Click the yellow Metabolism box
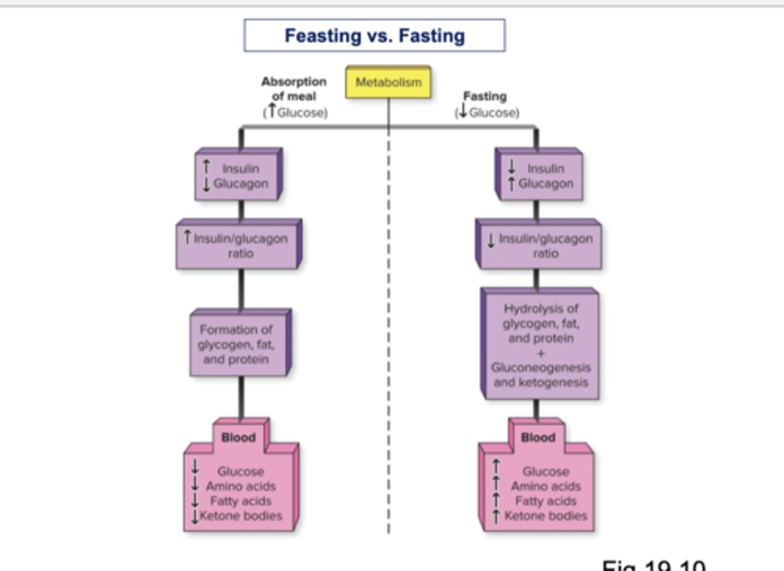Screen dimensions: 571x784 388,82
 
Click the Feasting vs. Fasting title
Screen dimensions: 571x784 375,36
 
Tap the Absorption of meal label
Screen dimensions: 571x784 294,89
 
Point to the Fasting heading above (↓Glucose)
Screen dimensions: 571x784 485,96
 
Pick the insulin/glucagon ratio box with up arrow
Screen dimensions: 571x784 240,246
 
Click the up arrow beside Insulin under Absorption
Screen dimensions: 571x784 206,167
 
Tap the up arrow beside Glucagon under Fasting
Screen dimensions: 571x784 511,184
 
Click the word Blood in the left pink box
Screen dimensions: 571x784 238,438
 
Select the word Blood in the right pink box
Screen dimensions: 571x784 538,438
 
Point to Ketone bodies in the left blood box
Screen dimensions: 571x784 241,515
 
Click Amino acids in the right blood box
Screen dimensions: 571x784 546,486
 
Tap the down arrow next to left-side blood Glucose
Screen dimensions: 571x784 195,467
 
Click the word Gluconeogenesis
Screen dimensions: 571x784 541,368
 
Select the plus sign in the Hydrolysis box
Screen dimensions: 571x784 541,353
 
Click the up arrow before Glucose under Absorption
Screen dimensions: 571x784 272,111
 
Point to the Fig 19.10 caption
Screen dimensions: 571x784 653,566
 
